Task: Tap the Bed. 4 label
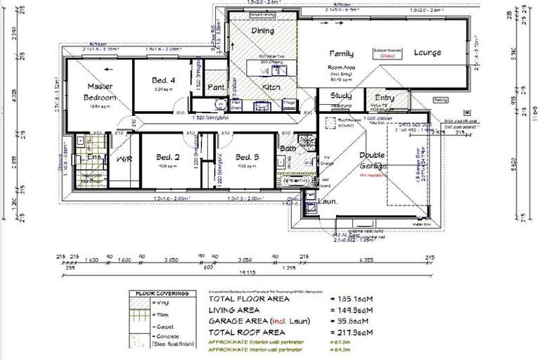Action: point(163,81)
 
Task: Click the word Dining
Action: point(262,31)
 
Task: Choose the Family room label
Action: point(342,53)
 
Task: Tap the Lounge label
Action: point(427,53)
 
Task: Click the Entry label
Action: point(385,98)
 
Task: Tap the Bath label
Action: point(287,149)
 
